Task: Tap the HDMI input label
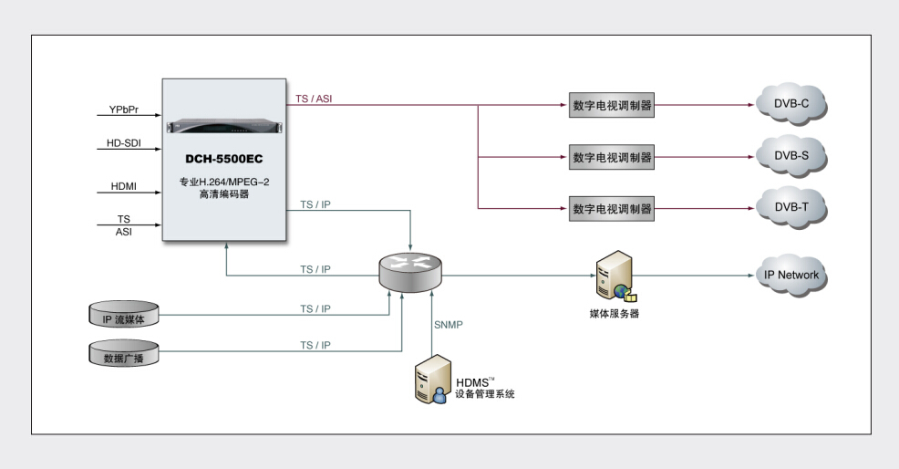coord(124,186)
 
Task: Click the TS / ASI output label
coord(315,98)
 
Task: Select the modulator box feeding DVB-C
coord(613,105)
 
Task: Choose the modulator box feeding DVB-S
coord(613,157)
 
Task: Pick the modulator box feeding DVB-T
coord(613,208)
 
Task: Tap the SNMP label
coord(449,325)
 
